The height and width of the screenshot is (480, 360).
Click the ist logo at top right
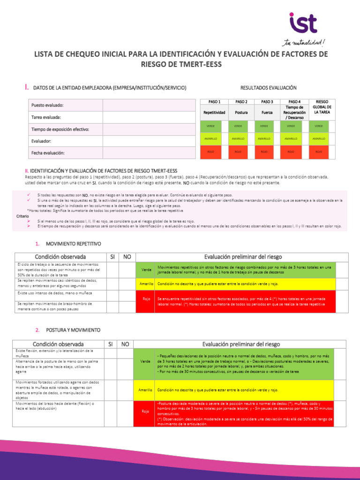tap(303, 24)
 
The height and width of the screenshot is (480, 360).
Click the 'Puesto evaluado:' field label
tap(47, 105)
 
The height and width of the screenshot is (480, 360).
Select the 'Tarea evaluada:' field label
tap(45, 117)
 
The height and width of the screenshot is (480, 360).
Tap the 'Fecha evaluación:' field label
tap(48, 153)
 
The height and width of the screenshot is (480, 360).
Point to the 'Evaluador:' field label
tap(42, 141)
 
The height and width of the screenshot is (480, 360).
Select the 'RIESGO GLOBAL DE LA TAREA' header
tap(322, 107)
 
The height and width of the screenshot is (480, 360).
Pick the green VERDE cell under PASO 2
tap(238, 126)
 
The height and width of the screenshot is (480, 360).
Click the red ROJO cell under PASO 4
tap(291, 152)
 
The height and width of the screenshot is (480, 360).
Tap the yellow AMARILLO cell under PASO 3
tap(264, 139)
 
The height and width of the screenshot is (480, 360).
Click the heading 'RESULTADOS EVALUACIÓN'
tap(268, 88)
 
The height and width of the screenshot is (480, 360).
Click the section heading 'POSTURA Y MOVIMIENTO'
tap(73, 330)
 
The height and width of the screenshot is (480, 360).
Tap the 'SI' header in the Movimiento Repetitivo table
tap(112, 257)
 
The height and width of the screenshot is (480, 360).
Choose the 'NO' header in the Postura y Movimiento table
tap(125, 344)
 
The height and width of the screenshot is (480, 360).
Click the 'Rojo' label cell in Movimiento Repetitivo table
tap(147, 299)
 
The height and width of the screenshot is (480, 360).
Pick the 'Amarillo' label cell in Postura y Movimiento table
tap(145, 390)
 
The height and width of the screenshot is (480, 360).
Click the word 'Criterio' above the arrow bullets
tap(22, 216)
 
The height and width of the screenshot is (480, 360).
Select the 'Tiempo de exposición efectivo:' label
tap(60, 129)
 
